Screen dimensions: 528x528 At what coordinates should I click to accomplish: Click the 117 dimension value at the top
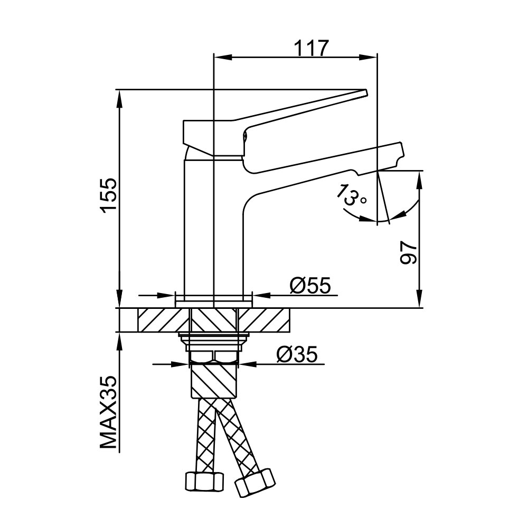coord(311,48)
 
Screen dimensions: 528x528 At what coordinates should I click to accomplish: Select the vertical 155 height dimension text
coord(109,195)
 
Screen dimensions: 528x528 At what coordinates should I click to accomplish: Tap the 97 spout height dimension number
coord(409,252)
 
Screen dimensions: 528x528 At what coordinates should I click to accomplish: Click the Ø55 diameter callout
coord(310,286)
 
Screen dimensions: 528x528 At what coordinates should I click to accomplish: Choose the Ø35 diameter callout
coord(297,354)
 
